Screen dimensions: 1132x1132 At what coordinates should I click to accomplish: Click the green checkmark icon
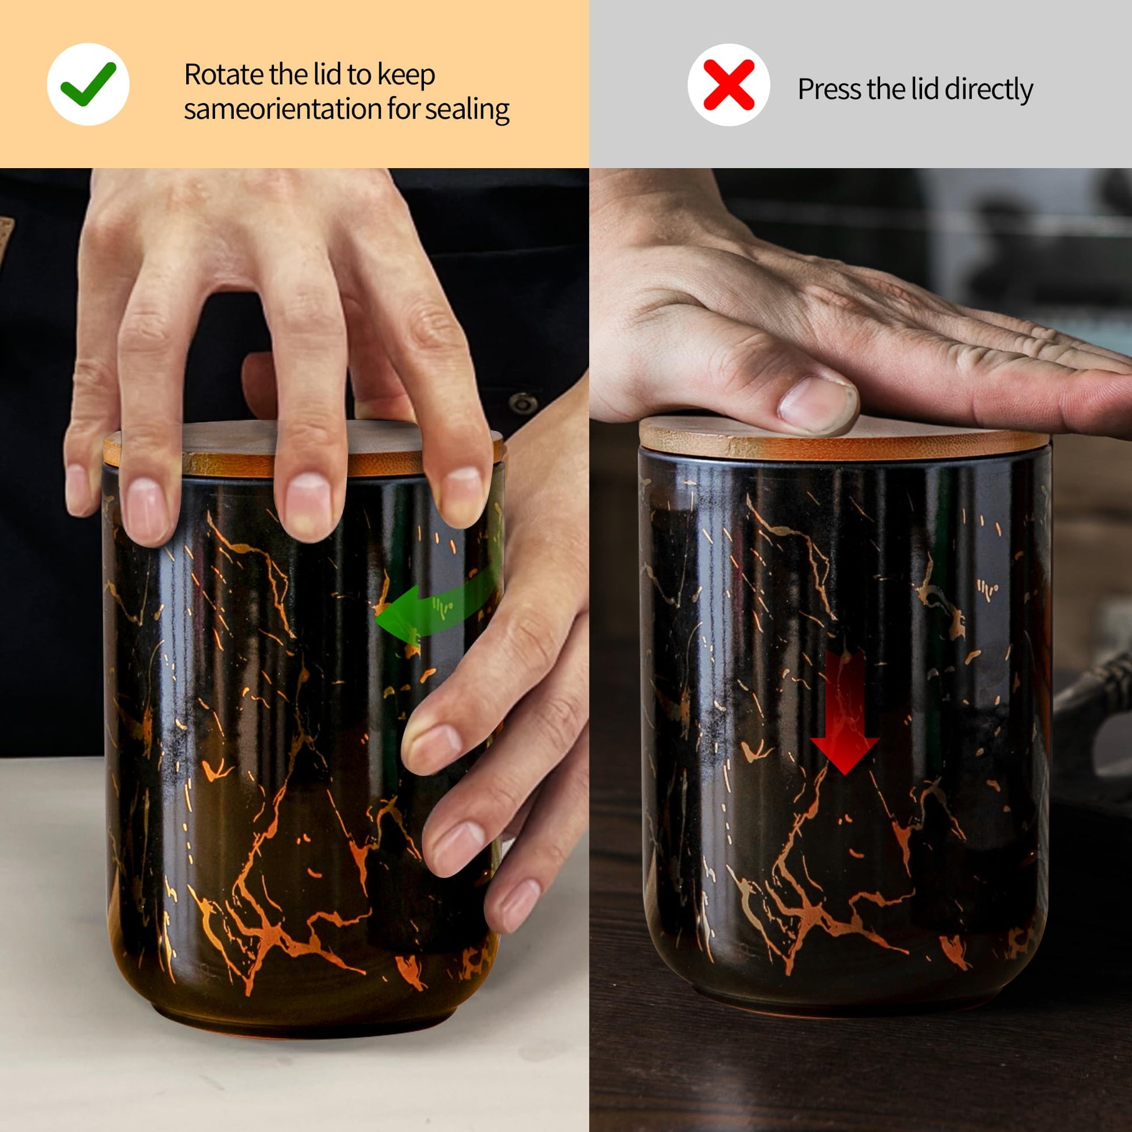tap(88, 84)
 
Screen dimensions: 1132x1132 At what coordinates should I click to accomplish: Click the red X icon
tap(728, 85)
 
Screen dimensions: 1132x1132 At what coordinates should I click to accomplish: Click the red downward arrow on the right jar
tap(844, 711)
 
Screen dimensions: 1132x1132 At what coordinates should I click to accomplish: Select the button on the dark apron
tap(523, 403)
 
